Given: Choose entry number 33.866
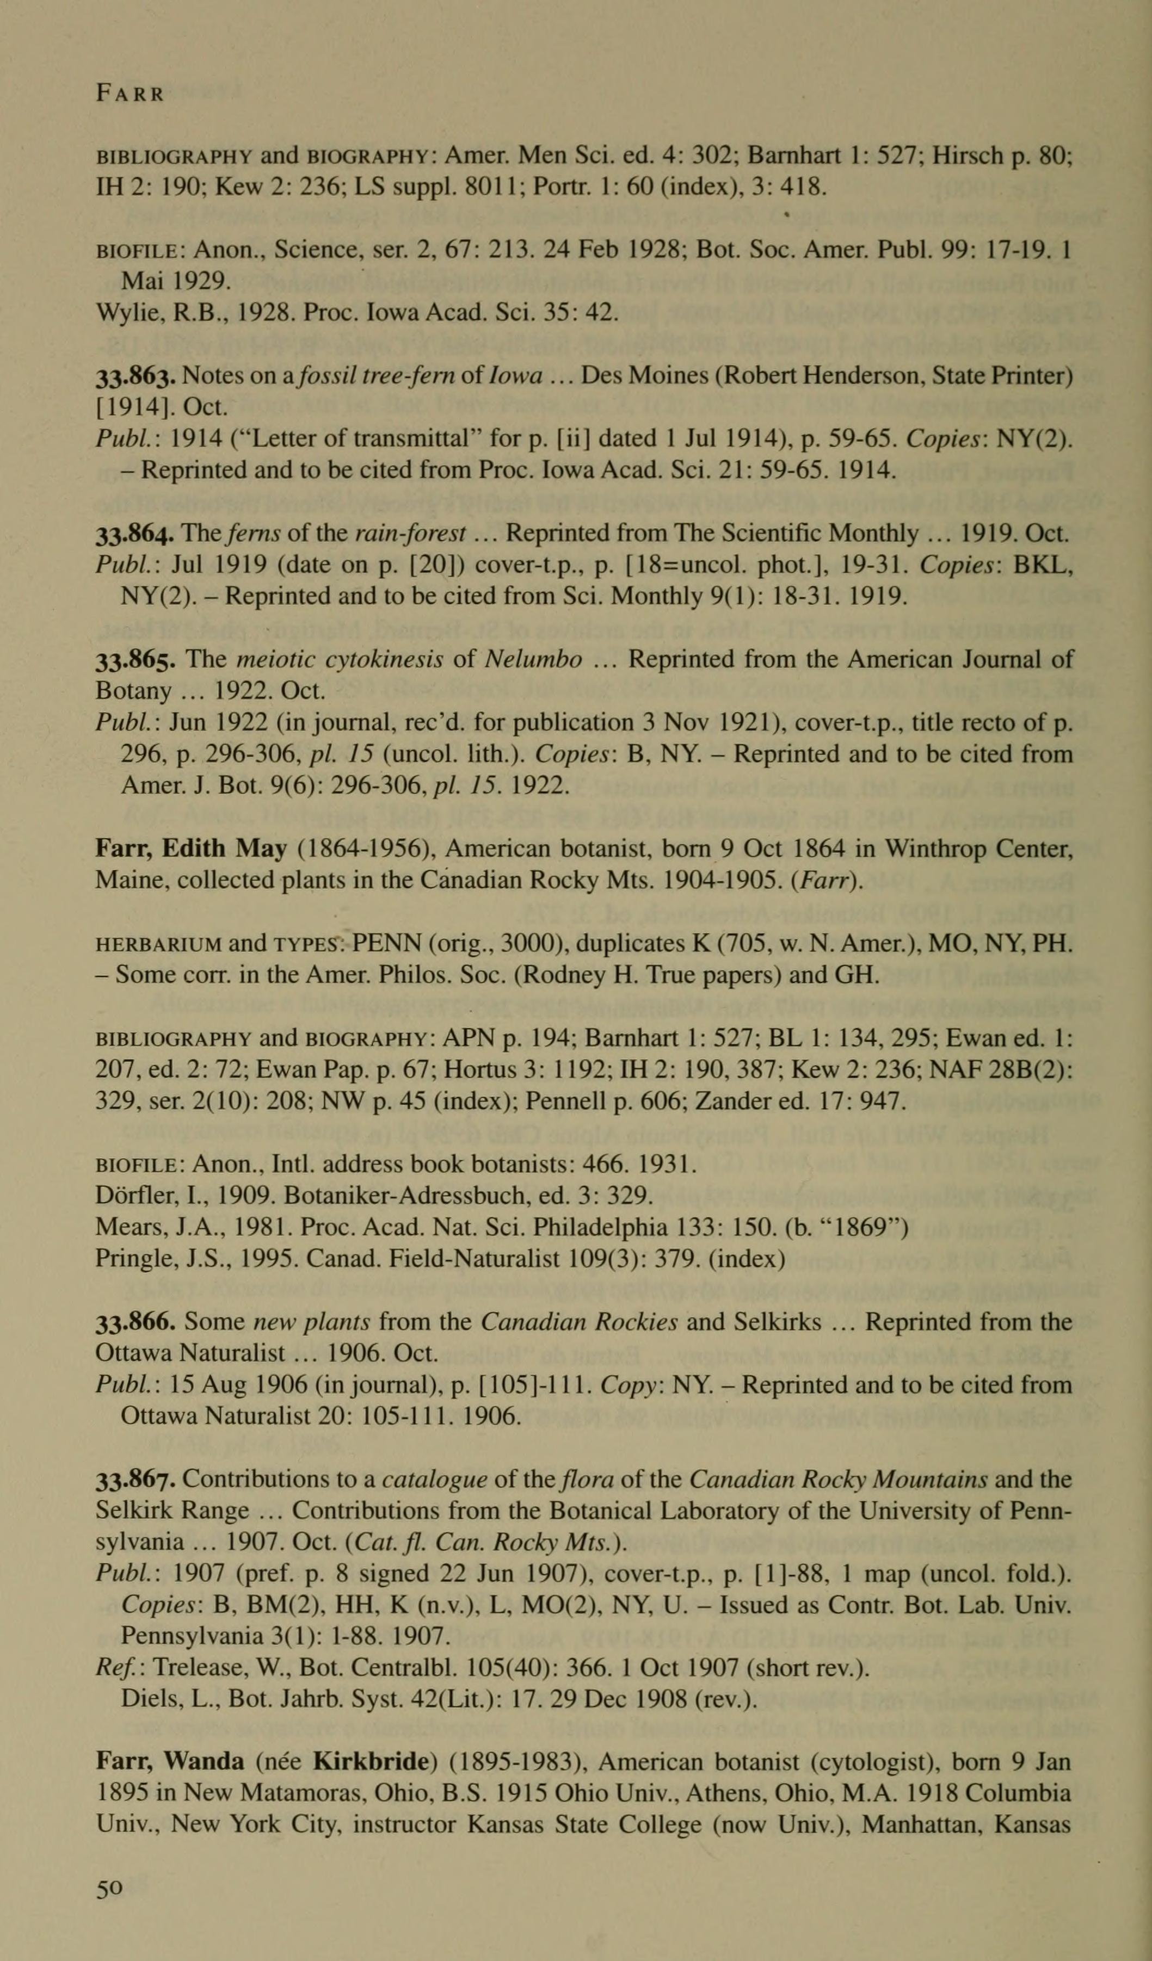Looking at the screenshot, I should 137,1322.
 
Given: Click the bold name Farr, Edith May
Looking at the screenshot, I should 190,849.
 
